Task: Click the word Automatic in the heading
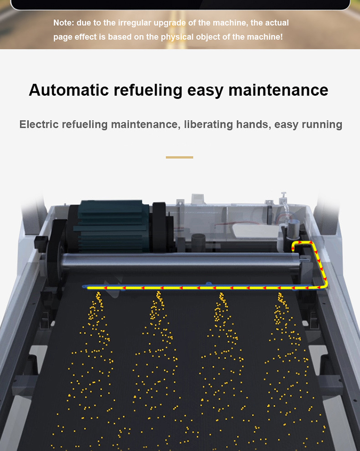click(69, 90)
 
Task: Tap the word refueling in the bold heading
click(148, 90)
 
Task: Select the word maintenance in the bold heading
click(278, 90)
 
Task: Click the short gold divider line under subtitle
click(179, 157)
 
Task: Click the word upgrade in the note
click(170, 23)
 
